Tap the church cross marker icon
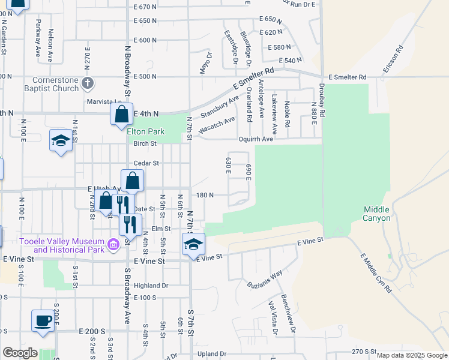pyautogui.click(x=88, y=83)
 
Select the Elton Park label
pyautogui.click(x=145, y=131)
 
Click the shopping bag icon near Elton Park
pyautogui.click(x=121, y=113)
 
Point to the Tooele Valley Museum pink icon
pyautogui.click(x=113, y=244)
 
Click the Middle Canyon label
pyautogui.click(x=376, y=214)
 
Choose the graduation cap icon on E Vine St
pyautogui.click(x=193, y=244)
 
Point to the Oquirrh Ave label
pyautogui.click(x=273, y=139)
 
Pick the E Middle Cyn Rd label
pyautogui.click(x=375, y=273)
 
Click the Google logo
pyautogui.click(x=20, y=353)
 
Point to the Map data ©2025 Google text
pyautogui.click(x=411, y=355)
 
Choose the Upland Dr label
pyautogui.click(x=211, y=354)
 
